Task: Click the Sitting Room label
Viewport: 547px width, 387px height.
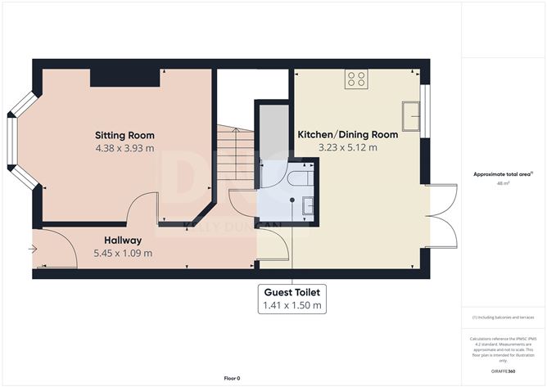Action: (x=124, y=135)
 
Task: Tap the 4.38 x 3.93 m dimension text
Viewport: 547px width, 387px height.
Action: (x=124, y=148)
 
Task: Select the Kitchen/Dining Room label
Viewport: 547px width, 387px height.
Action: (x=347, y=134)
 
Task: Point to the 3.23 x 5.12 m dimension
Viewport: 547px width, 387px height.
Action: (x=348, y=148)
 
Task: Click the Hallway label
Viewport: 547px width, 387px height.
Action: (x=123, y=241)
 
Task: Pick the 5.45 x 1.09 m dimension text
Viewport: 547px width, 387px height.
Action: (x=123, y=253)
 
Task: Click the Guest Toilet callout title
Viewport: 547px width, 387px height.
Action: (x=292, y=291)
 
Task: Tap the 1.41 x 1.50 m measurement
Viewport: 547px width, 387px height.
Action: (x=292, y=306)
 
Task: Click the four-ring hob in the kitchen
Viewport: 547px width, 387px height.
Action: (x=356, y=79)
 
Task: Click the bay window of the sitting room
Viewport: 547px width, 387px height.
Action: (x=16, y=140)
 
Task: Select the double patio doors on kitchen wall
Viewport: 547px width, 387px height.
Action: (x=444, y=214)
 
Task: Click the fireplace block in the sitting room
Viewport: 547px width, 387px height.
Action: (x=124, y=77)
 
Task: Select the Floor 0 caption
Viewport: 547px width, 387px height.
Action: (x=232, y=378)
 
